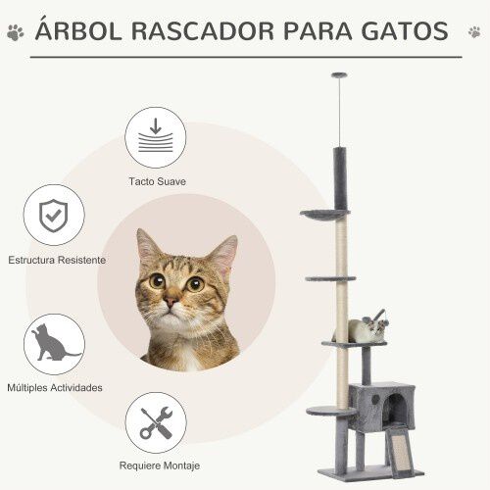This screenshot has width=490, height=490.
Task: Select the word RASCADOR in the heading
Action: pos(207,31)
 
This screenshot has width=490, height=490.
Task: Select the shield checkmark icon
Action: pos(54,216)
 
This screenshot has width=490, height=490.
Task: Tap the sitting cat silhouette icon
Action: pos(54,344)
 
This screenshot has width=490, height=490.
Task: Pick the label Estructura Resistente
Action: pos(57,261)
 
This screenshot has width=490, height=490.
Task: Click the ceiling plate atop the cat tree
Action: pos(339,76)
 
